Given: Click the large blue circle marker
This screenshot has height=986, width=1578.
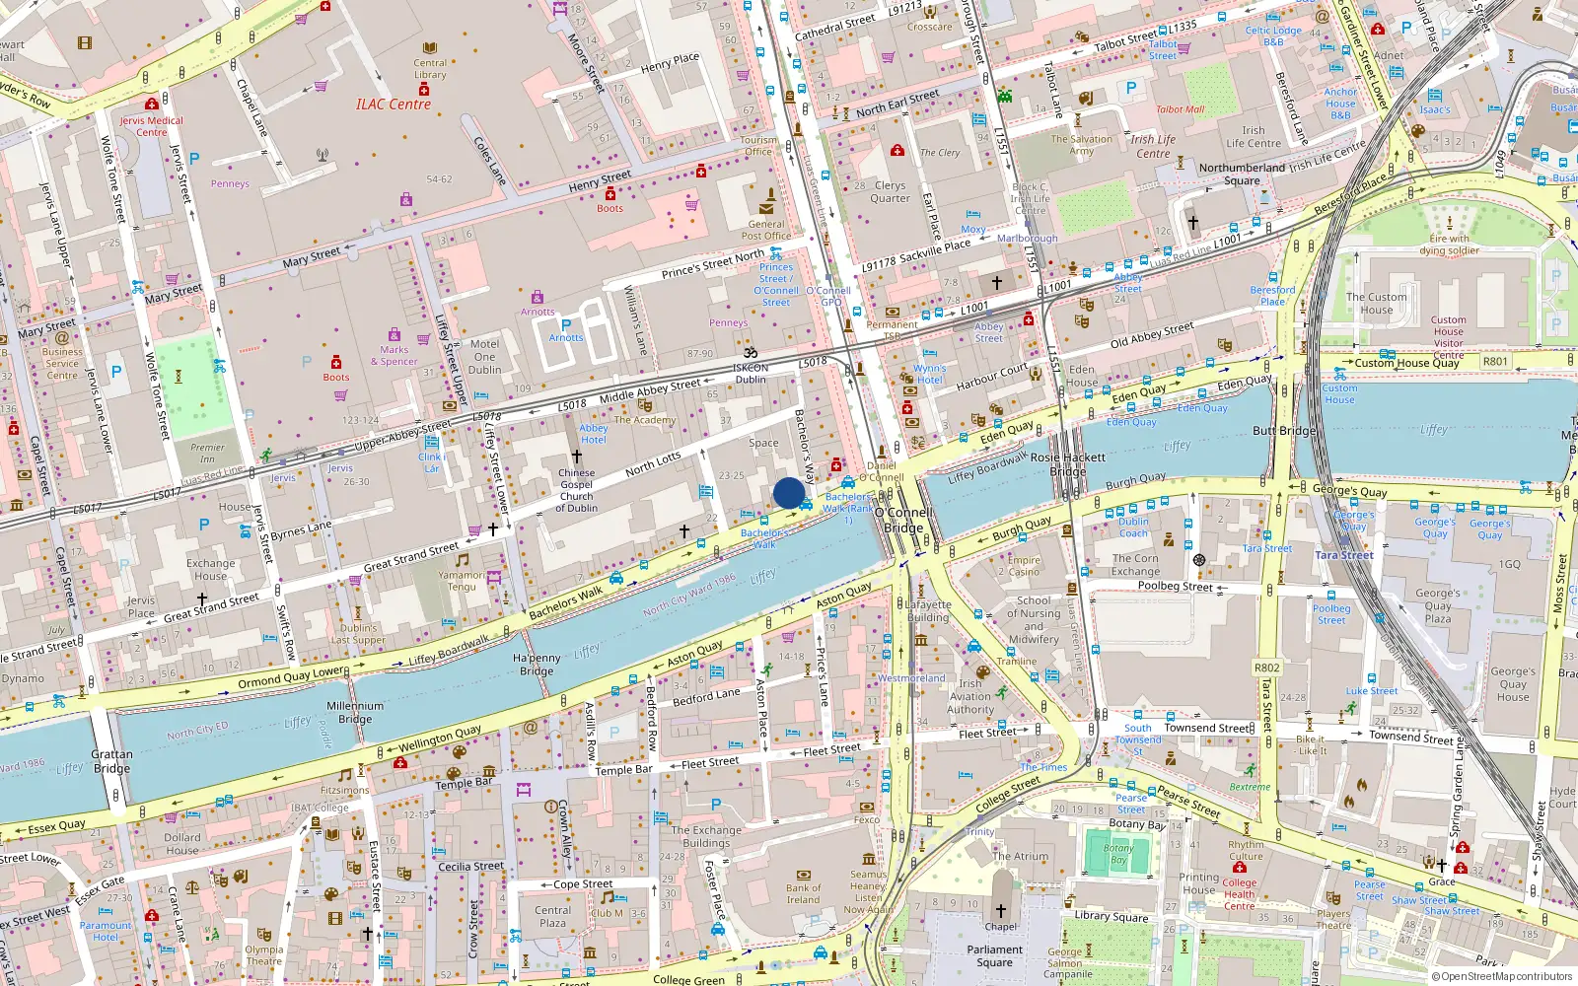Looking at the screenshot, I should pos(789,493).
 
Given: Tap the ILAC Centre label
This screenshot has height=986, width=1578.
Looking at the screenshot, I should pos(394,104).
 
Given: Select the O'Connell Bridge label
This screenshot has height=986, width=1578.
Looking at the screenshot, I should pos(903,521).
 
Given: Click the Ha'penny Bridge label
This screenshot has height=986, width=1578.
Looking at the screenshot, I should pos(537,665).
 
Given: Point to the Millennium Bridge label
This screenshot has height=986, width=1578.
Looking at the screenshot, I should pos(355,712).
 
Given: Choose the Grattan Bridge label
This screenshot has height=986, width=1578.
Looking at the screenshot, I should pos(111,761).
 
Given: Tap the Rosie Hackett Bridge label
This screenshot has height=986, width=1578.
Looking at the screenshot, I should pos(1067,464).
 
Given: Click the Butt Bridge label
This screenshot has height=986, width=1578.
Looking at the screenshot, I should pos(1284,431).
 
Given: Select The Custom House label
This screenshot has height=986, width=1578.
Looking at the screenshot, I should pos(1376,303).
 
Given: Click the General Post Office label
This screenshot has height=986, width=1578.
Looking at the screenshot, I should pos(765,230).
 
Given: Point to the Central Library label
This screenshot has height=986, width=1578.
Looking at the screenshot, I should pos(430,68).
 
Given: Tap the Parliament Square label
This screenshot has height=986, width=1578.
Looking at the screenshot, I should pos(994,955).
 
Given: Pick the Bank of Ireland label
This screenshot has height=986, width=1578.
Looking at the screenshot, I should pos(803,893).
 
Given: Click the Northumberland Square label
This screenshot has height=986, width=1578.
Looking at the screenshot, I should pos(1242,174).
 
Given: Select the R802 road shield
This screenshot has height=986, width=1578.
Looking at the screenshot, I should pos(1266,668).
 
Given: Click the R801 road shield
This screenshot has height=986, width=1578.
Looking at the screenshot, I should pos(1495,361).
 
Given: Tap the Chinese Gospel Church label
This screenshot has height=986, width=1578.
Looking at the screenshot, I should pos(577,490).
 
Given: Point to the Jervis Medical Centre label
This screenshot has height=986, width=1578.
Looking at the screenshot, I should pos(151,126).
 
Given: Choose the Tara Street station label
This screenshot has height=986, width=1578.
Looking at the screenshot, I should pos(1344,555).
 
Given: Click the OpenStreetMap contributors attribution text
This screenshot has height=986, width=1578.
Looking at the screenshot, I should pos(1501,976).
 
